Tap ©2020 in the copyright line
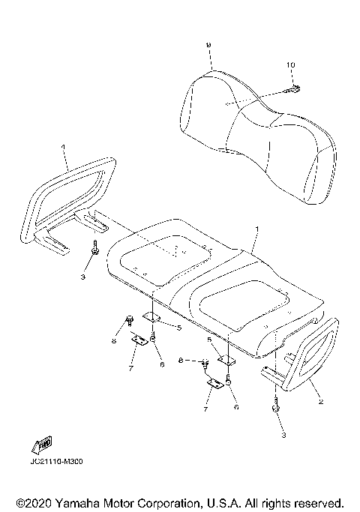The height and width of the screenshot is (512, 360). [x=34, y=502]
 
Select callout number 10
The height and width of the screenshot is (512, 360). [x=290, y=66]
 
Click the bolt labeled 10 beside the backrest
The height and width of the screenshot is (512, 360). [x=292, y=91]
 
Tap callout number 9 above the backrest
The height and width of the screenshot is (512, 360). [x=208, y=45]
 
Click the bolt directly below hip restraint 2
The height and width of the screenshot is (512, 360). [x=276, y=409]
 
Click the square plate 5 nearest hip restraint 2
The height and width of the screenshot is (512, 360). [x=226, y=361]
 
